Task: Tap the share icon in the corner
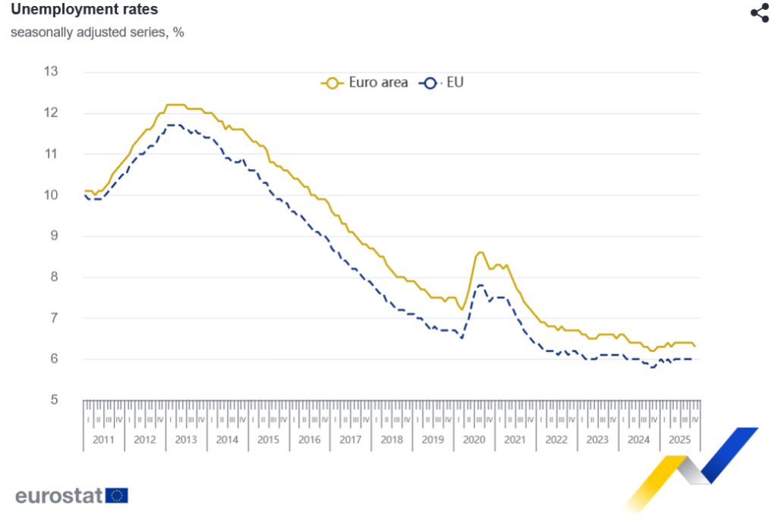760,13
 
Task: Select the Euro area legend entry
365,83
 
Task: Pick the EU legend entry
443,83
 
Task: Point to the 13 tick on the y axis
52,72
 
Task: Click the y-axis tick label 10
52,195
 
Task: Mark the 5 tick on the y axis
54,401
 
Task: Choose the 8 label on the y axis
54,277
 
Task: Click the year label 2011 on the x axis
104,440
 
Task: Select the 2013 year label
186,440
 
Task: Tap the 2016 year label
310,440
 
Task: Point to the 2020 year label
473,440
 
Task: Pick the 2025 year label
678,440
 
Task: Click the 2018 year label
392,440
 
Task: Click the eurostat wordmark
58,496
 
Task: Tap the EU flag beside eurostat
118,496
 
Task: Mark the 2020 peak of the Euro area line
480,252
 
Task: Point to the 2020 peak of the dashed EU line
480,285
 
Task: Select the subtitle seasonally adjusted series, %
97,33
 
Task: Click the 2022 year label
555,440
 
